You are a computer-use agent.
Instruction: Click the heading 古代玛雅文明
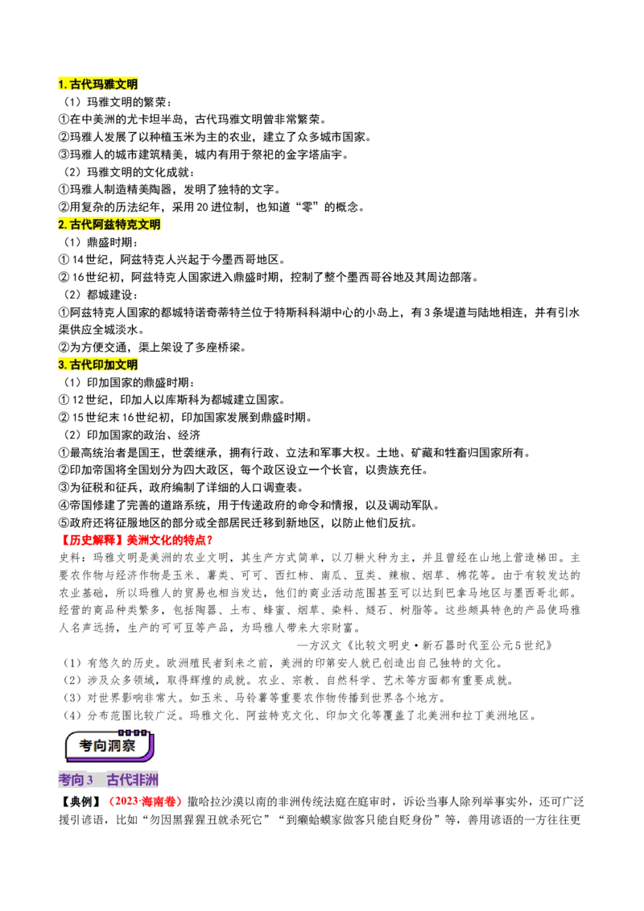click(99, 84)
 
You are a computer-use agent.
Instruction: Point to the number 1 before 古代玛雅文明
click(61, 84)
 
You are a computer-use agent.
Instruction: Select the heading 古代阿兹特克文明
click(110, 225)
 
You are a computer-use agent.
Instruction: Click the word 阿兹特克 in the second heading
click(116, 225)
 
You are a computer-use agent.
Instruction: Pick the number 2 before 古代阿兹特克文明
click(61, 225)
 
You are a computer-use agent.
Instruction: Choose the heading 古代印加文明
click(99, 365)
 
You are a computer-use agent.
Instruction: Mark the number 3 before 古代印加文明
click(61, 365)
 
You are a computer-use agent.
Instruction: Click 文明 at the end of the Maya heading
click(127, 84)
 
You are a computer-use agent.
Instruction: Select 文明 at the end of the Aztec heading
click(150, 225)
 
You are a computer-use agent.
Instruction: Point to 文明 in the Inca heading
click(127, 365)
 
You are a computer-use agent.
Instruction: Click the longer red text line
click(137, 540)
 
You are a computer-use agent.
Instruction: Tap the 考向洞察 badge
click(109, 744)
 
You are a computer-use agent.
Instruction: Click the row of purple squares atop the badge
click(134, 732)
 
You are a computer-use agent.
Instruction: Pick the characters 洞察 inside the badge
click(125, 746)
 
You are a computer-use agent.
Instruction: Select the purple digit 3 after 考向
click(90, 781)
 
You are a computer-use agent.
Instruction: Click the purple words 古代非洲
click(133, 781)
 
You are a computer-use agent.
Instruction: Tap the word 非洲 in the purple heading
click(146, 781)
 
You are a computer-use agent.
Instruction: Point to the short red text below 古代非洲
click(147, 802)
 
